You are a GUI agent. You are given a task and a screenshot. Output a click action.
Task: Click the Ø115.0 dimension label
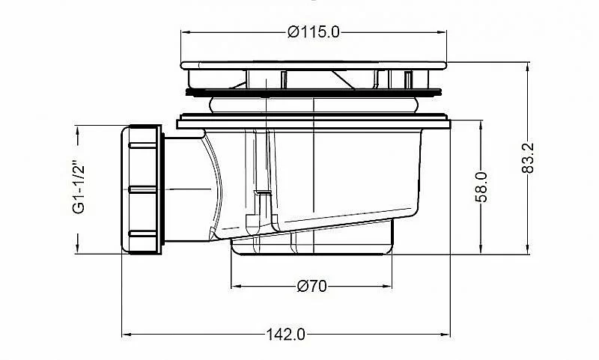pos(313,32)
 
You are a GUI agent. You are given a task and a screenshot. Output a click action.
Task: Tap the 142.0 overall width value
pos(286,335)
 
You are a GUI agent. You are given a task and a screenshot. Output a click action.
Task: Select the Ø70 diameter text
pos(311,286)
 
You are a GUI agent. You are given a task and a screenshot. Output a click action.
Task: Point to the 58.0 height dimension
pos(481,186)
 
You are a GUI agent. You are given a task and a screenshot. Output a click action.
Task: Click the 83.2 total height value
pos(528,158)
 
